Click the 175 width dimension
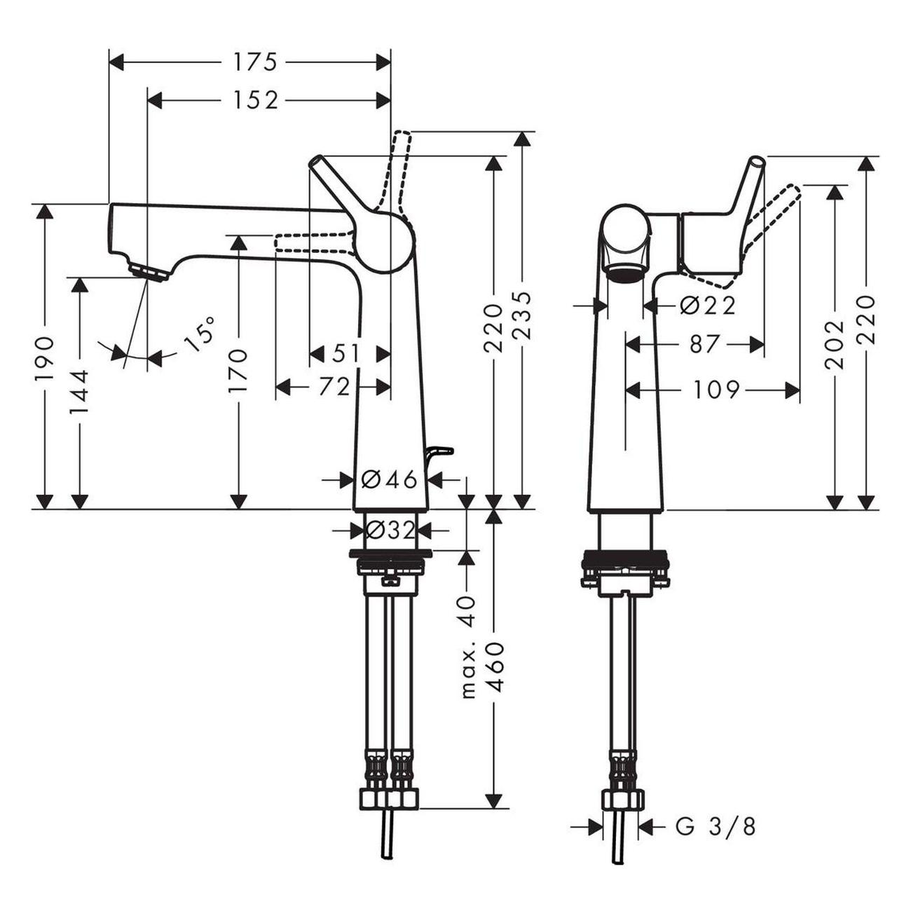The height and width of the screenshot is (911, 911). (x=255, y=62)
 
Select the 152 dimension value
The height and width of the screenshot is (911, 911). (x=255, y=100)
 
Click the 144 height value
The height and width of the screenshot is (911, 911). (x=79, y=392)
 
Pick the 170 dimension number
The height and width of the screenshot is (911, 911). (x=238, y=370)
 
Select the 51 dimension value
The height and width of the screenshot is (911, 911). (x=345, y=353)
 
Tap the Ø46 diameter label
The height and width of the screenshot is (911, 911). (x=389, y=480)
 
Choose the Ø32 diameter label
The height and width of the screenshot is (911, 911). (x=390, y=530)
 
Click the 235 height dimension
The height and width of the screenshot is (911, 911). (x=521, y=315)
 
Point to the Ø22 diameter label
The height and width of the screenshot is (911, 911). (x=707, y=306)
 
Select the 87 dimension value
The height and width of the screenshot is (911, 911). (x=704, y=344)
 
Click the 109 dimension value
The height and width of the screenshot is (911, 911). (x=715, y=390)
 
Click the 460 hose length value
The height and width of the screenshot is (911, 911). (x=493, y=666)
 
